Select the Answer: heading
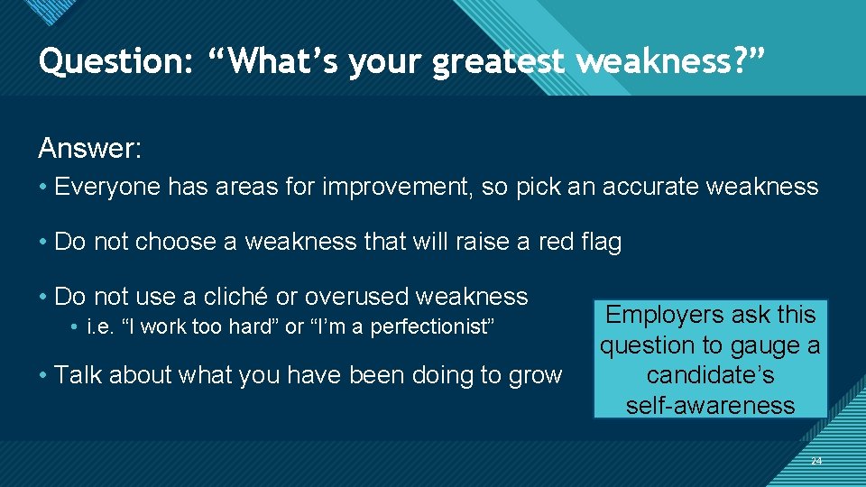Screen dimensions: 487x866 pos(89,148)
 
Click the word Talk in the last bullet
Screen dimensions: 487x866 pos(78,374)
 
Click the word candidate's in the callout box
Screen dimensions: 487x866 pos(710,375)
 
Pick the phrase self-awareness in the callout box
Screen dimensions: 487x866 pos(710,406)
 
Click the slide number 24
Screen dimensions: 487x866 pos(815,461)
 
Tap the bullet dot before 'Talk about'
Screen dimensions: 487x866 pos(43,375)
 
